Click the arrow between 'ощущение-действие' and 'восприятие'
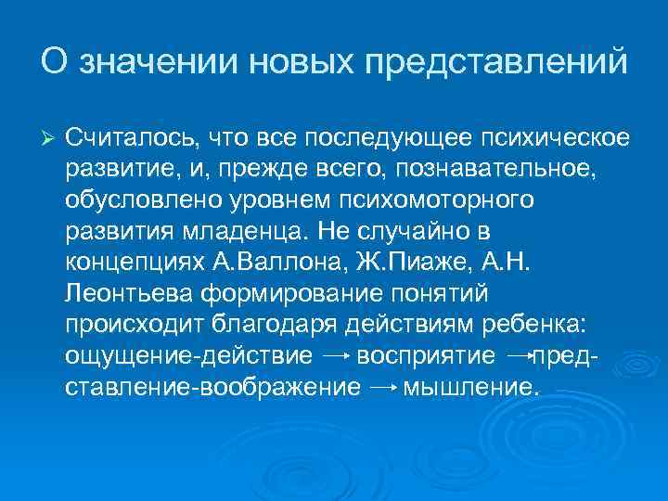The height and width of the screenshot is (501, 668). pos(334,355)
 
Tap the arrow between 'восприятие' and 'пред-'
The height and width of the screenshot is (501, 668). pos(521,355)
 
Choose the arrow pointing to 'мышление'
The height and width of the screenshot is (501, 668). pos(382,387)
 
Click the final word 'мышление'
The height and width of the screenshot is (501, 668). pos(470,387)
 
